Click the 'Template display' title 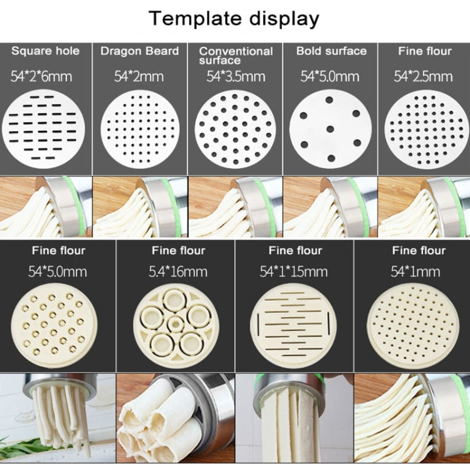pyautogui.click(x=234, y=19)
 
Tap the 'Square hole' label pyautogui.click(x=45, y=51)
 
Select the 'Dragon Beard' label pyautogui.click(x=140, y=51)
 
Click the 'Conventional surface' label pyautogui.click(x=236, y=55)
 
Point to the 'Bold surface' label pyautogui.click(x=332, y=51)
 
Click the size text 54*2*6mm pyautogui.click(x=41, y=76)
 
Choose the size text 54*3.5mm pyautogui.click(x=236, y=76)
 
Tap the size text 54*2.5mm pyautogui.click(x=423, y=76)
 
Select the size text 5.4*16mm pyautogui.click(x=178, y=271)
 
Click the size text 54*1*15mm pyautogui.click(x=294, y=271)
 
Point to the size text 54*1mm pyautogui.click(x=415, y=271)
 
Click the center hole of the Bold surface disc pyautogui.click(x=330, y=129)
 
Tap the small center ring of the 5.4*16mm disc pyautogui.click(x=175, y=324)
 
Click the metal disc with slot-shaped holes pyautogui.click(x=43, y=128)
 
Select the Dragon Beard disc pyautogui.click(x=140, y=129)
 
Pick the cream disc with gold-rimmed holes pyautogui.click(x=54, y=325)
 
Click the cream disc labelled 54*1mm pyautogui.click(x=413, y=325)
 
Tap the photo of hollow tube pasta pyautogui.click(x=175, y=418)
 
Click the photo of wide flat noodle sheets pyautogui.click(x=295, y=418)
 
